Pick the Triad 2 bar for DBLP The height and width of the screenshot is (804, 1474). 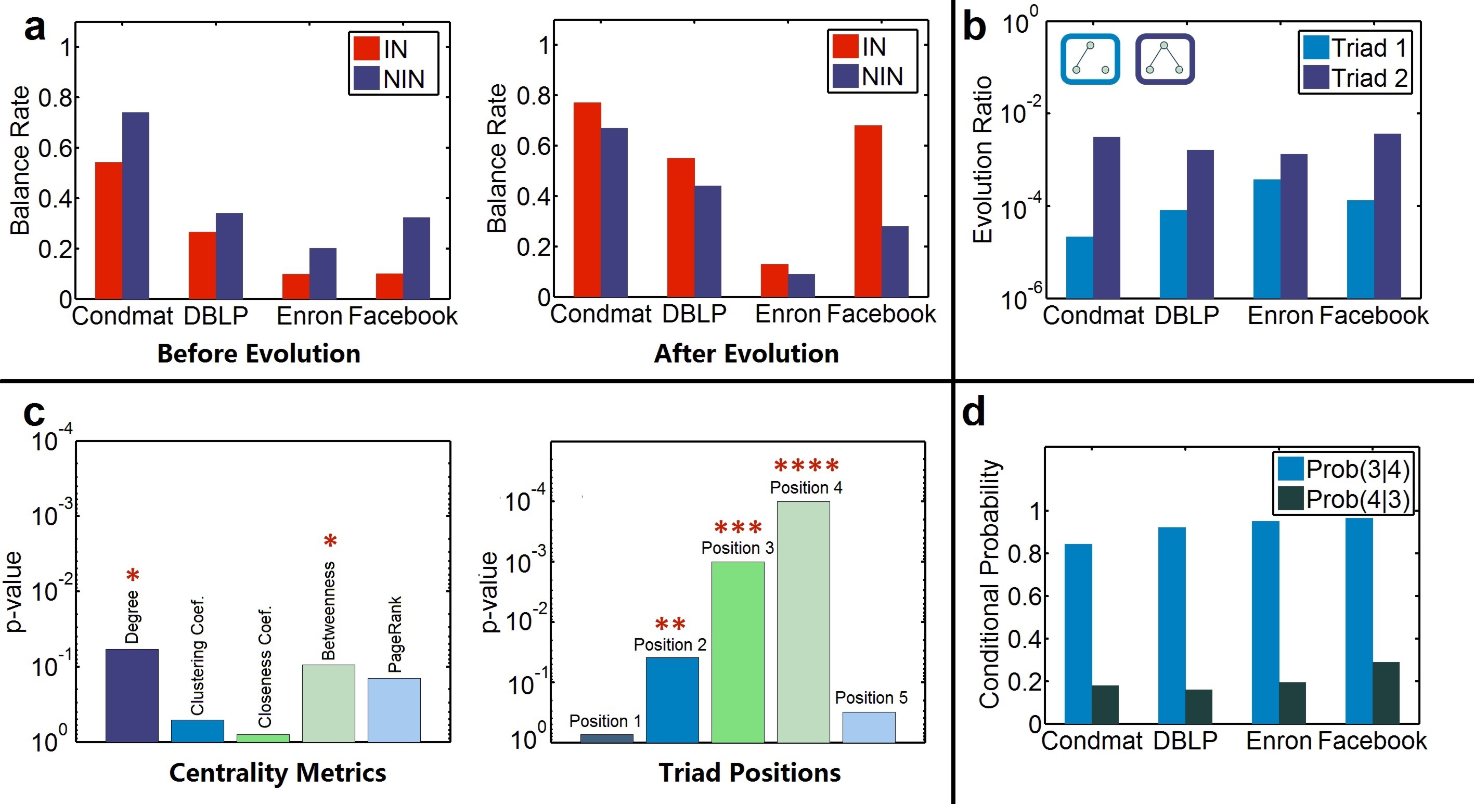pyautogui.click(x=1200, y=223)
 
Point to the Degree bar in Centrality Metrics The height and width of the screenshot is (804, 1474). pyautogui.click(x=132, y=695)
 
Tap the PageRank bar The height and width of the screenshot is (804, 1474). pyautogui.click(x=394, y=709)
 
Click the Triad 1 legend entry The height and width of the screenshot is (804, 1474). pyautogui.click(x=1354, y=48)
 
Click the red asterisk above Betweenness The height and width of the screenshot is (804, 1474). pyautogui.click(x=330, y=540)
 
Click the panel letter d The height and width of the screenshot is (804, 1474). pyautogui.click(x=973, y=412)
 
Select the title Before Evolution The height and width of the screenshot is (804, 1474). pyautogui.click(x=258, y=353)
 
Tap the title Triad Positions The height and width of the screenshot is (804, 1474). pyautogui.click(x=749, y=772)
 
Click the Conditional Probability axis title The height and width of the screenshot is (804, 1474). pyautogui.click(x=989, y=583)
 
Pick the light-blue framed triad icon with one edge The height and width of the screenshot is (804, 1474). pyautogui.click(x=1090, y=59)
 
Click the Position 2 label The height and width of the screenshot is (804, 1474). pyautogui.click(x=669, y=645)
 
